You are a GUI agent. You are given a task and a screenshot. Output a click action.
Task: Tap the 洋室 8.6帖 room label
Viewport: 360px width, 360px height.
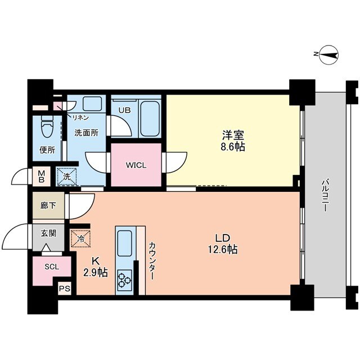tap(232, 141)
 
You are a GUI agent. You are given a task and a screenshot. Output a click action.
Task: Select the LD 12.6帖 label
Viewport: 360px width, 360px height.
tap(224, 242)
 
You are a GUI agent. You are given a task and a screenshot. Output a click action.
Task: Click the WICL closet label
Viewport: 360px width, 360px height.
tap(136, 166)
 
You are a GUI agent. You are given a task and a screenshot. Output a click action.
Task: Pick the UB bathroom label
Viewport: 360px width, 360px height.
tap(124, 110)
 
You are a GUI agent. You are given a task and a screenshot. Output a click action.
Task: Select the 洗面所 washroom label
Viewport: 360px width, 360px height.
tap(87, 133)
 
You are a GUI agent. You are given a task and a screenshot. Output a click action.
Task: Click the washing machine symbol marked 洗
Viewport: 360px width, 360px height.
tap(67, 176)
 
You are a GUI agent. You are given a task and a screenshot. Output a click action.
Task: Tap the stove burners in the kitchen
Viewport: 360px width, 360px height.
tap(124, 279)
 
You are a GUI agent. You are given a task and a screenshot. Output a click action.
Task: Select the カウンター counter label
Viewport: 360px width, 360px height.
tap(152, 261)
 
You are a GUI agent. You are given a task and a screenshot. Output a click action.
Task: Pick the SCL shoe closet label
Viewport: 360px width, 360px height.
tap(51, 268)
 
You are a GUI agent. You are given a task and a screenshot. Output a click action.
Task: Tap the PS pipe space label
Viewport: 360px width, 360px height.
tap(65, 290)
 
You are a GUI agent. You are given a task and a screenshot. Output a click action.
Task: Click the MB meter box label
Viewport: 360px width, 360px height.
tap(42, 177)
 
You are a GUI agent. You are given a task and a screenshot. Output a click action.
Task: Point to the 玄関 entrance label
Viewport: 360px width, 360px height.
tap(48, 233)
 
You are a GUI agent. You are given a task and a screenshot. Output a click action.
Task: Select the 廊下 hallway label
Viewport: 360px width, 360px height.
tap(48, 205)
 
